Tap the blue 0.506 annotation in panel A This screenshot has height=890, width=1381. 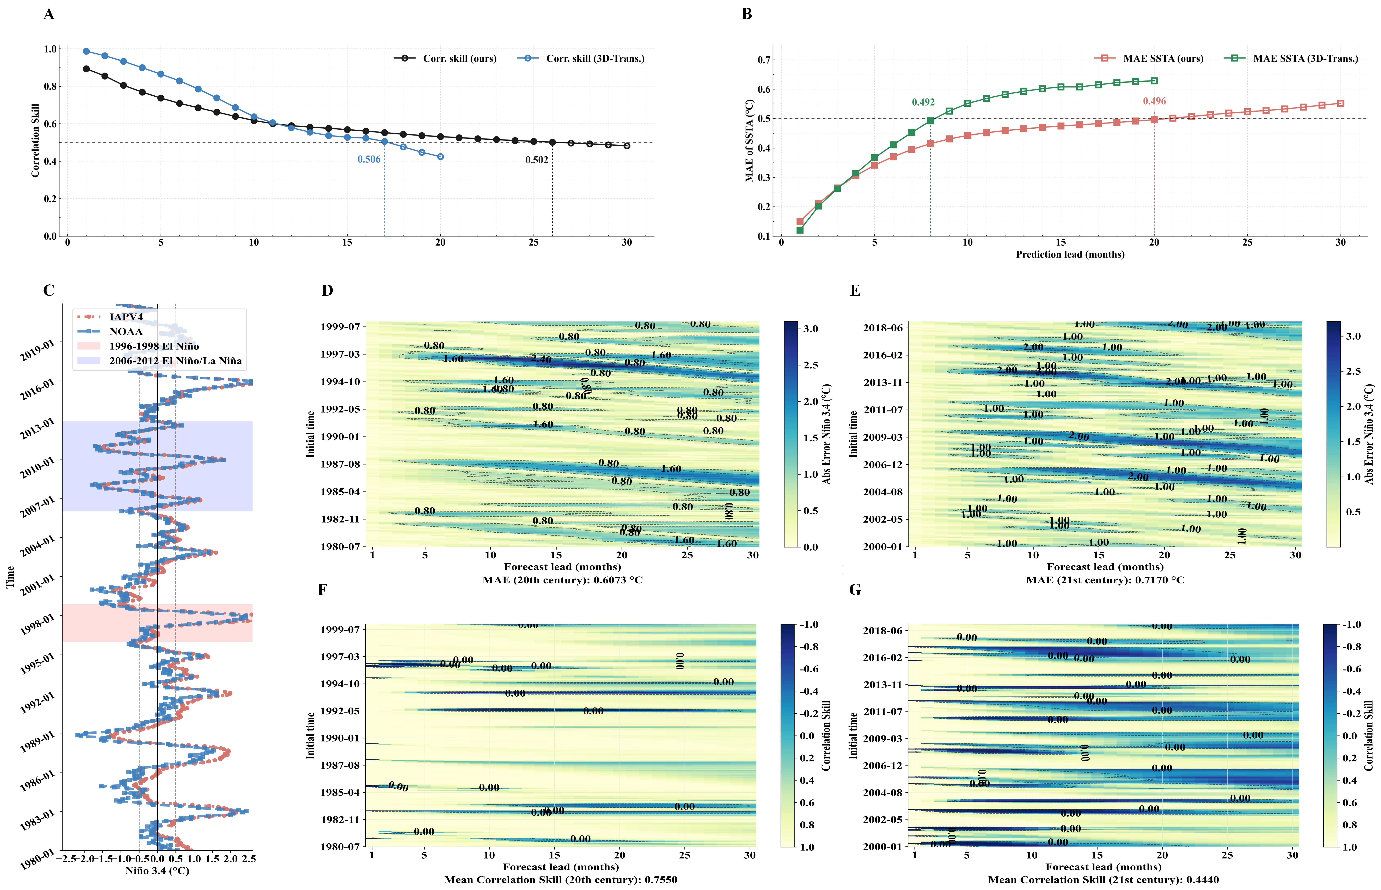[x=369, y=160]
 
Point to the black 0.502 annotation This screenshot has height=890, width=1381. [x=537, y=160]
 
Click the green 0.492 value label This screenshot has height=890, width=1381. [x=923, y=102]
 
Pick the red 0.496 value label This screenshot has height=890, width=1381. [x=1154, y=101]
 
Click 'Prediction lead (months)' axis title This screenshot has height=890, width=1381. [x=1070, y=254]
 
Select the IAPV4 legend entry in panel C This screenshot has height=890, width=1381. [x=126, y=317]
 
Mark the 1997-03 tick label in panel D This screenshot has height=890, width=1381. [x=340, y=354]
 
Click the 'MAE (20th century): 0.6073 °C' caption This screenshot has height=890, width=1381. [x=562, y=580]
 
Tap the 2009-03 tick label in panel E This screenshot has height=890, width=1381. [x=882, y=437]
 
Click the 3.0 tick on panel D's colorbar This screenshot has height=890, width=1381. [x=811, y=329]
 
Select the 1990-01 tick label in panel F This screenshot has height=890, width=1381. [x=340, y=738]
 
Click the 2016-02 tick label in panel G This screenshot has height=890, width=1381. [x=882, y=658]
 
